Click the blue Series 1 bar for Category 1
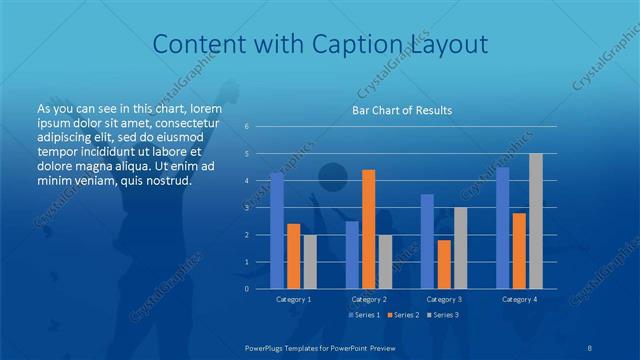[277, 230]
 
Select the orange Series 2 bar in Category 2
[368, 229]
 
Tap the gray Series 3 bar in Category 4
[536, 221]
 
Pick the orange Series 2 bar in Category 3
[444, 264]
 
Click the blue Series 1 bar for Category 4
[502, 227]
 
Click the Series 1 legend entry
[363, 315]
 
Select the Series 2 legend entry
[404, 315]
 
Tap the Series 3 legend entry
[444, 315]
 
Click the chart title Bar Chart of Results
[402, 110]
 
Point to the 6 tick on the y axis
[247, 127]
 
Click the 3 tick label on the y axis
[247, 208]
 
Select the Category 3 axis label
[444, 299]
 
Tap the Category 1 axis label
[294, 299]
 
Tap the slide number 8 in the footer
[590, 346]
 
